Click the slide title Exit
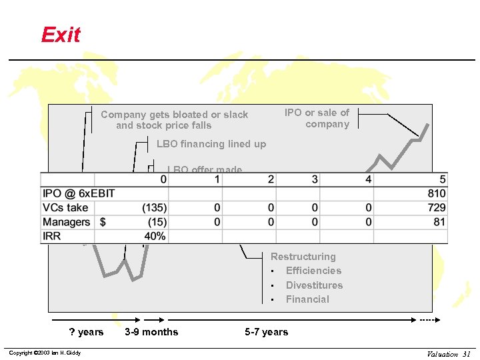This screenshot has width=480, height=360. (61, 35)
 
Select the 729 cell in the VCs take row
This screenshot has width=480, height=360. (437, 208)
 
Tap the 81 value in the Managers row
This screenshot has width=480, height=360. (439, 222)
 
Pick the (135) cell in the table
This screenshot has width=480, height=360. (154, 208)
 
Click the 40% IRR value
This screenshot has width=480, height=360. (155, 236)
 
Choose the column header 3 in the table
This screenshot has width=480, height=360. (315, 179)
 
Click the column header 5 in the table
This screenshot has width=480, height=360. (443, 179)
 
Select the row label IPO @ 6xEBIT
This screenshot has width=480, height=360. (79, 194)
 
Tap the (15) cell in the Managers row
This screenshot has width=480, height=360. (157, 222)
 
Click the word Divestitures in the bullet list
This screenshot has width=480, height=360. (314, 285)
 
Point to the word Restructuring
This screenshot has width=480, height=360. (303, 257)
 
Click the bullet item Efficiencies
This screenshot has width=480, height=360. (313, 271)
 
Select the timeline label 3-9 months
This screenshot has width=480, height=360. (151, 332)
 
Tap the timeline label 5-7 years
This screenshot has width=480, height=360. (267, 332)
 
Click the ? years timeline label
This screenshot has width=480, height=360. (87, 332)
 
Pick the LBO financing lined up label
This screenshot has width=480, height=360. (211, 144)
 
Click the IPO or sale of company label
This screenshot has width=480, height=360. (317, 119)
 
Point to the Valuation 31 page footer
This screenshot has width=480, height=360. (449, 354)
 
